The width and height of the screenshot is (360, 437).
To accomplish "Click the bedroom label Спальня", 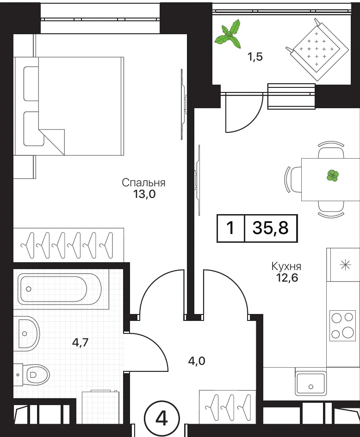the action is (x=143, y=183).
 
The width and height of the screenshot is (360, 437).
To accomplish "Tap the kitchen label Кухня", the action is (x=286, y=266).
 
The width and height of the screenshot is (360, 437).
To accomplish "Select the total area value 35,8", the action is (x=271, y=228).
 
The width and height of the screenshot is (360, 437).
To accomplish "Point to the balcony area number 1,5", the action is (x=255, y=57).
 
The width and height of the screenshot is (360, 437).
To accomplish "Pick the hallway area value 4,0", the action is (x=197, y=361).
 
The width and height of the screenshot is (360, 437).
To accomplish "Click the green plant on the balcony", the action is (x=228, y=34).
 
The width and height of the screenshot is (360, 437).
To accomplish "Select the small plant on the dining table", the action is (x=333, y=176).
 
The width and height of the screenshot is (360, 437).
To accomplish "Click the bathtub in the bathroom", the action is (x=59, y=289).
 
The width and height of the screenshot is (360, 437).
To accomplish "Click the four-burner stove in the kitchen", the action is (x=343, y=326).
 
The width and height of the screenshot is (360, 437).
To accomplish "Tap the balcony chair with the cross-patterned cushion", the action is (x=317, y=49).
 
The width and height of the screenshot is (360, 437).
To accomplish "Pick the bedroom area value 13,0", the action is (x=144, y=194).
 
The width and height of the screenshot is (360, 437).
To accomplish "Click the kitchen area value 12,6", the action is (x=287, y=277).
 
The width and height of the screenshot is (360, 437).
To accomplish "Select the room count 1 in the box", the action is (x=230, y=228).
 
